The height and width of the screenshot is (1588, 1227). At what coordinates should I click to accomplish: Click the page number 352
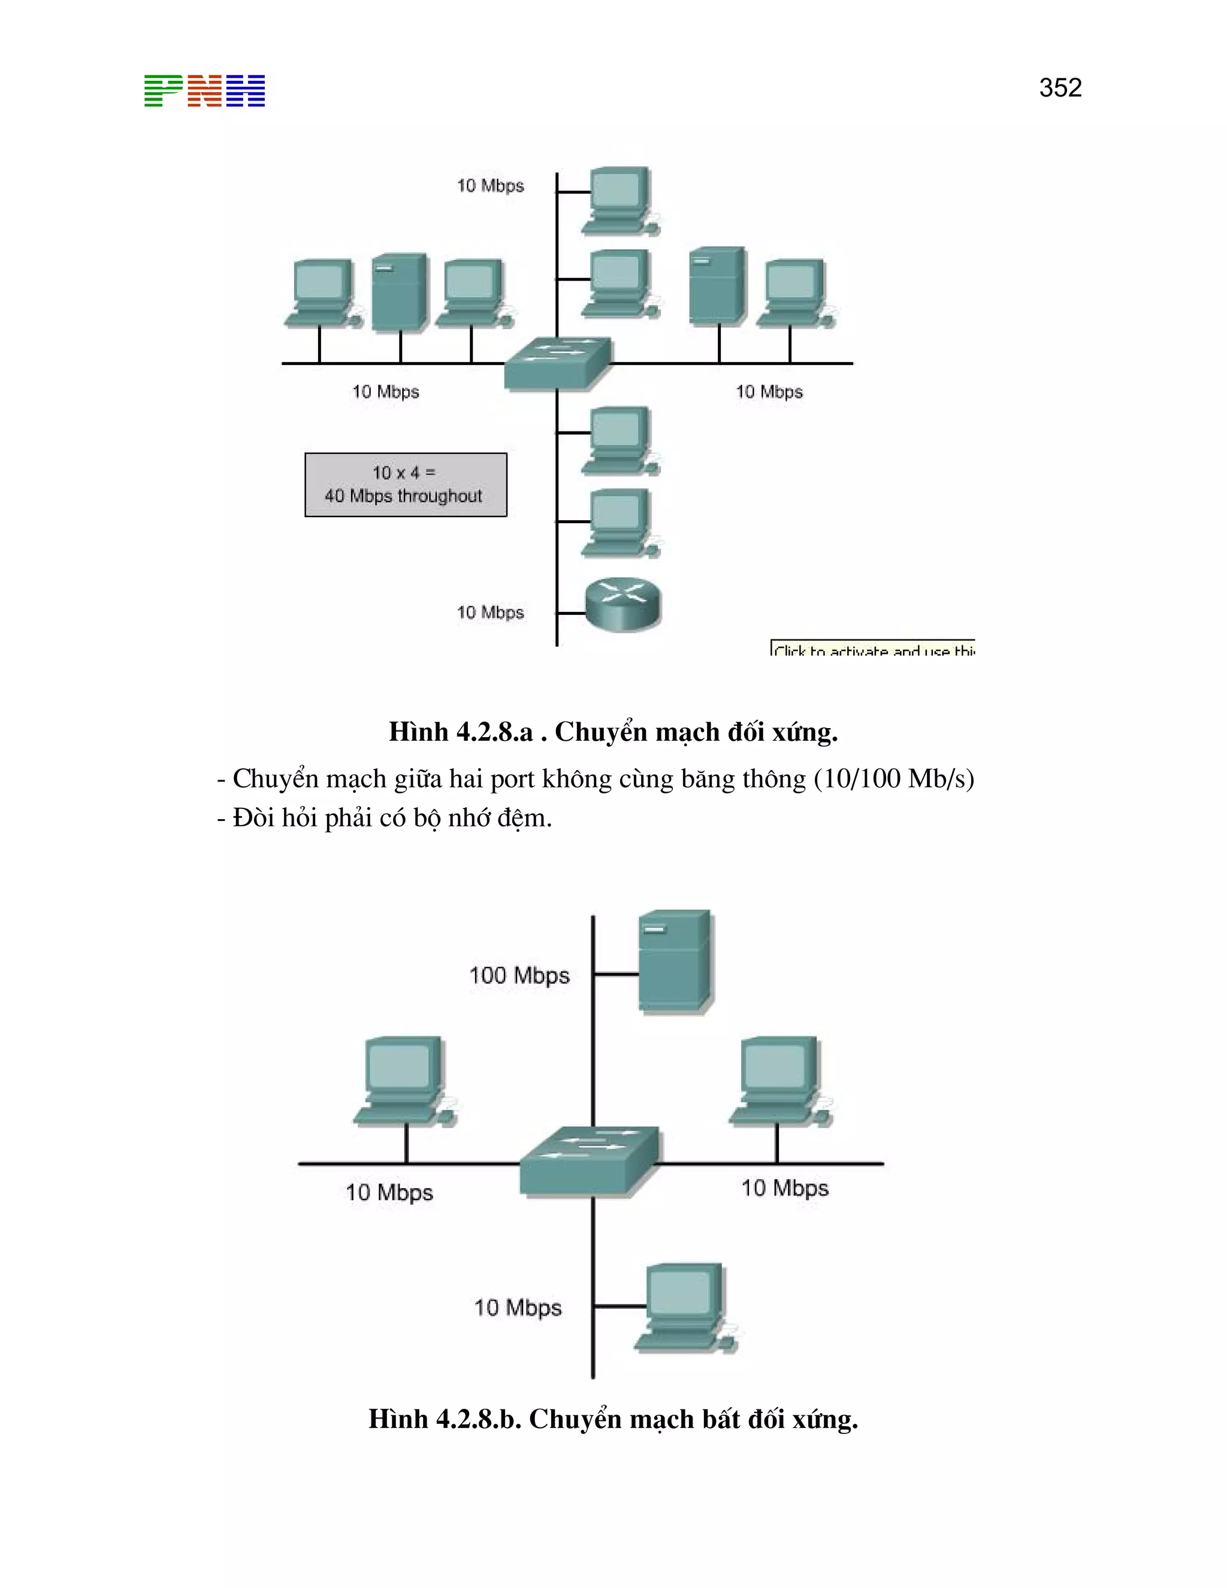coord(1060,88)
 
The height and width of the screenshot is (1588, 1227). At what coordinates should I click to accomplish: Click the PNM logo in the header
coord(204,91)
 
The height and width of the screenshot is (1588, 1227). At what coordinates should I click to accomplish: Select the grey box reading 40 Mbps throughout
coord(406,485)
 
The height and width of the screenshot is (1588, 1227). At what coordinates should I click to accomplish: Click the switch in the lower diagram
coord(590,1161)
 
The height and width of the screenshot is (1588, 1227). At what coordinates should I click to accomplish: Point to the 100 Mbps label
coord(519,975)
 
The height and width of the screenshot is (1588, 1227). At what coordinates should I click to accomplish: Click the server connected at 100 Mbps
coord(675,961)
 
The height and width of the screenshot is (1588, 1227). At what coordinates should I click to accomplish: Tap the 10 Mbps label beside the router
coord(490,612)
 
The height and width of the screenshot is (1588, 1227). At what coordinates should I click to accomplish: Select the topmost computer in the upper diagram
coord(620,200)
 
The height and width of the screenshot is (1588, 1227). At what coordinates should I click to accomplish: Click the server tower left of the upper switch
coord(399,292)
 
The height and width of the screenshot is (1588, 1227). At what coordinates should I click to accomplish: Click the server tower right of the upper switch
coord(717,285)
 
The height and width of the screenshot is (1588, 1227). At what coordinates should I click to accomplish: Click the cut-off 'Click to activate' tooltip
coord(872,648)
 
